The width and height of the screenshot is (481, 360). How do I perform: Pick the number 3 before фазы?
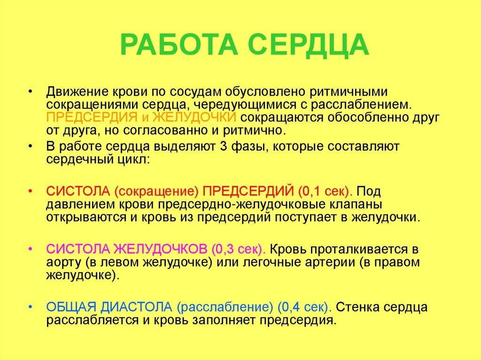point(223,146)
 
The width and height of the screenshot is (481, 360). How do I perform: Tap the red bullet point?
point(31,192)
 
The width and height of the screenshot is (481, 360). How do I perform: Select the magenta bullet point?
point(31,248)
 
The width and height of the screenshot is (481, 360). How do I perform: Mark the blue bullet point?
point(31,307)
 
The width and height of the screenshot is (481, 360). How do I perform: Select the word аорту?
point(63,262)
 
